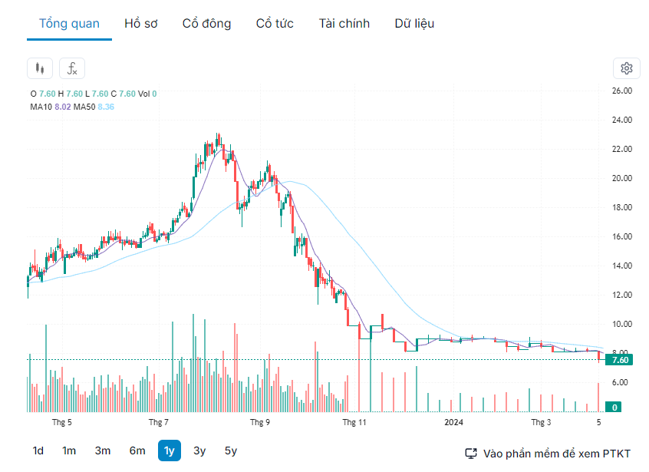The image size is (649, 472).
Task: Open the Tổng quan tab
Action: tap(69, 23)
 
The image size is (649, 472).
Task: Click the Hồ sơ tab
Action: tap(141, 23)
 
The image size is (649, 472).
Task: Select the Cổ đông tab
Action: tap(206, 23)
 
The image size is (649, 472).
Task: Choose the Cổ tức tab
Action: tap(275, 23)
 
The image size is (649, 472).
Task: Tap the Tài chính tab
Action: tap(344, 23)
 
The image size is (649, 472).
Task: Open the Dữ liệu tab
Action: tap(414, 23)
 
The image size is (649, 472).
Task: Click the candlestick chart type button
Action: tap(40, 68)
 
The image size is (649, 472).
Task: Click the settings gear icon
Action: tap(626, 68)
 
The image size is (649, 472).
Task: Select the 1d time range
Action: tap(38, 451)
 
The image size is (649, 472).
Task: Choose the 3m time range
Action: tap(102, 451)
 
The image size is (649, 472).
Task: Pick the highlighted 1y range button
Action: tap(169, 451)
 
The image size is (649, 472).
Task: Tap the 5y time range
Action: tap(230, 451)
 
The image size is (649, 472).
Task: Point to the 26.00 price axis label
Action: tap(621, 91)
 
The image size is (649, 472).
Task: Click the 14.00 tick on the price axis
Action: tap(621, 266)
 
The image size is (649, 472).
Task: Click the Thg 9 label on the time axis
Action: tap(260, 422)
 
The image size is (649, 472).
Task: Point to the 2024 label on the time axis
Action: tap(453, 422)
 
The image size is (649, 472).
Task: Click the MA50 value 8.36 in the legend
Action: tap(106, 107)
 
